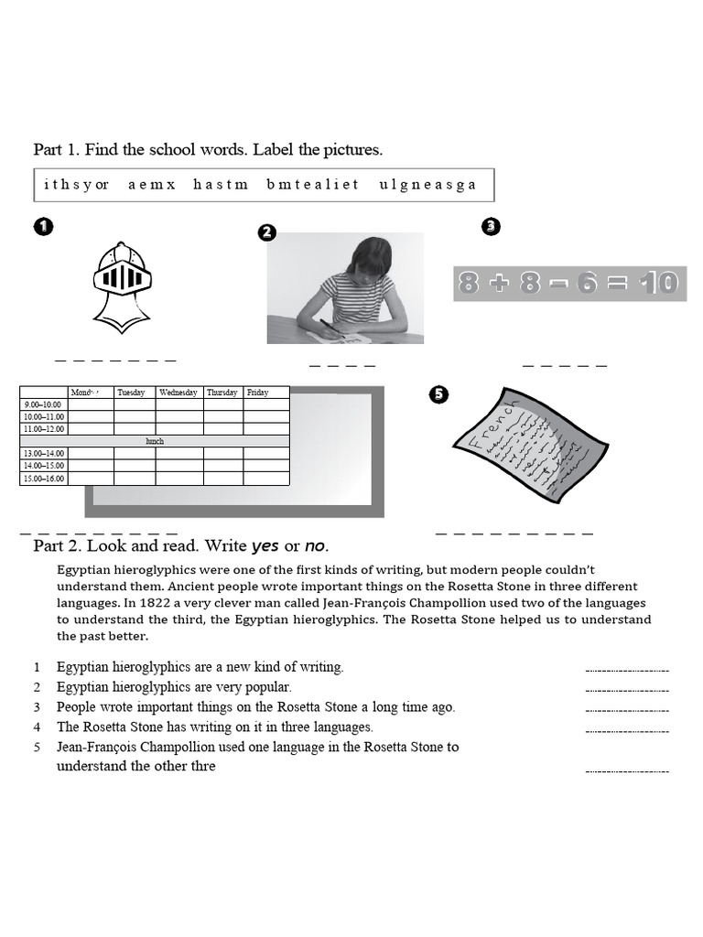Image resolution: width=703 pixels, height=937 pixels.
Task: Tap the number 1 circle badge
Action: tap(43, 227)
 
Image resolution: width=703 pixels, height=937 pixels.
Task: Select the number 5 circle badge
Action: tap(438, 393)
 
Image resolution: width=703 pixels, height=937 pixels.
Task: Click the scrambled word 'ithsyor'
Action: tap(76, 185)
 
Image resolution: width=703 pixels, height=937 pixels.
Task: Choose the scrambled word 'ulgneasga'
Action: tap(427, 185)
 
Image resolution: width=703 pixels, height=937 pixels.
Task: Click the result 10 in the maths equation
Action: tap(659, 284)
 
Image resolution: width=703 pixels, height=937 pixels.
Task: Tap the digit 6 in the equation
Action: tap(587, 284)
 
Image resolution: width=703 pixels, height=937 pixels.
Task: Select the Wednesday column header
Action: tap(178, 393)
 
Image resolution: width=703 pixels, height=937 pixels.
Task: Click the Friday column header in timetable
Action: tap(258, 393)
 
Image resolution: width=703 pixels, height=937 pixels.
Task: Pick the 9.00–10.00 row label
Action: tap(42, 404)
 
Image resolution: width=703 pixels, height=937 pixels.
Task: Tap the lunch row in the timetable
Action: tap(155, 441)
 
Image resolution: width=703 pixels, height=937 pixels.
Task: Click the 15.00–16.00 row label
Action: tap(42, 479)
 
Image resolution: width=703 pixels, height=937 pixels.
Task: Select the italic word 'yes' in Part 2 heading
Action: tap(265, 546)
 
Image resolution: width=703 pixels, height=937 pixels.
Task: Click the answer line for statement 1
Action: tap(627, 670)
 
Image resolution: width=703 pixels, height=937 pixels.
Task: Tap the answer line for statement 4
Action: tap(627, 730)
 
